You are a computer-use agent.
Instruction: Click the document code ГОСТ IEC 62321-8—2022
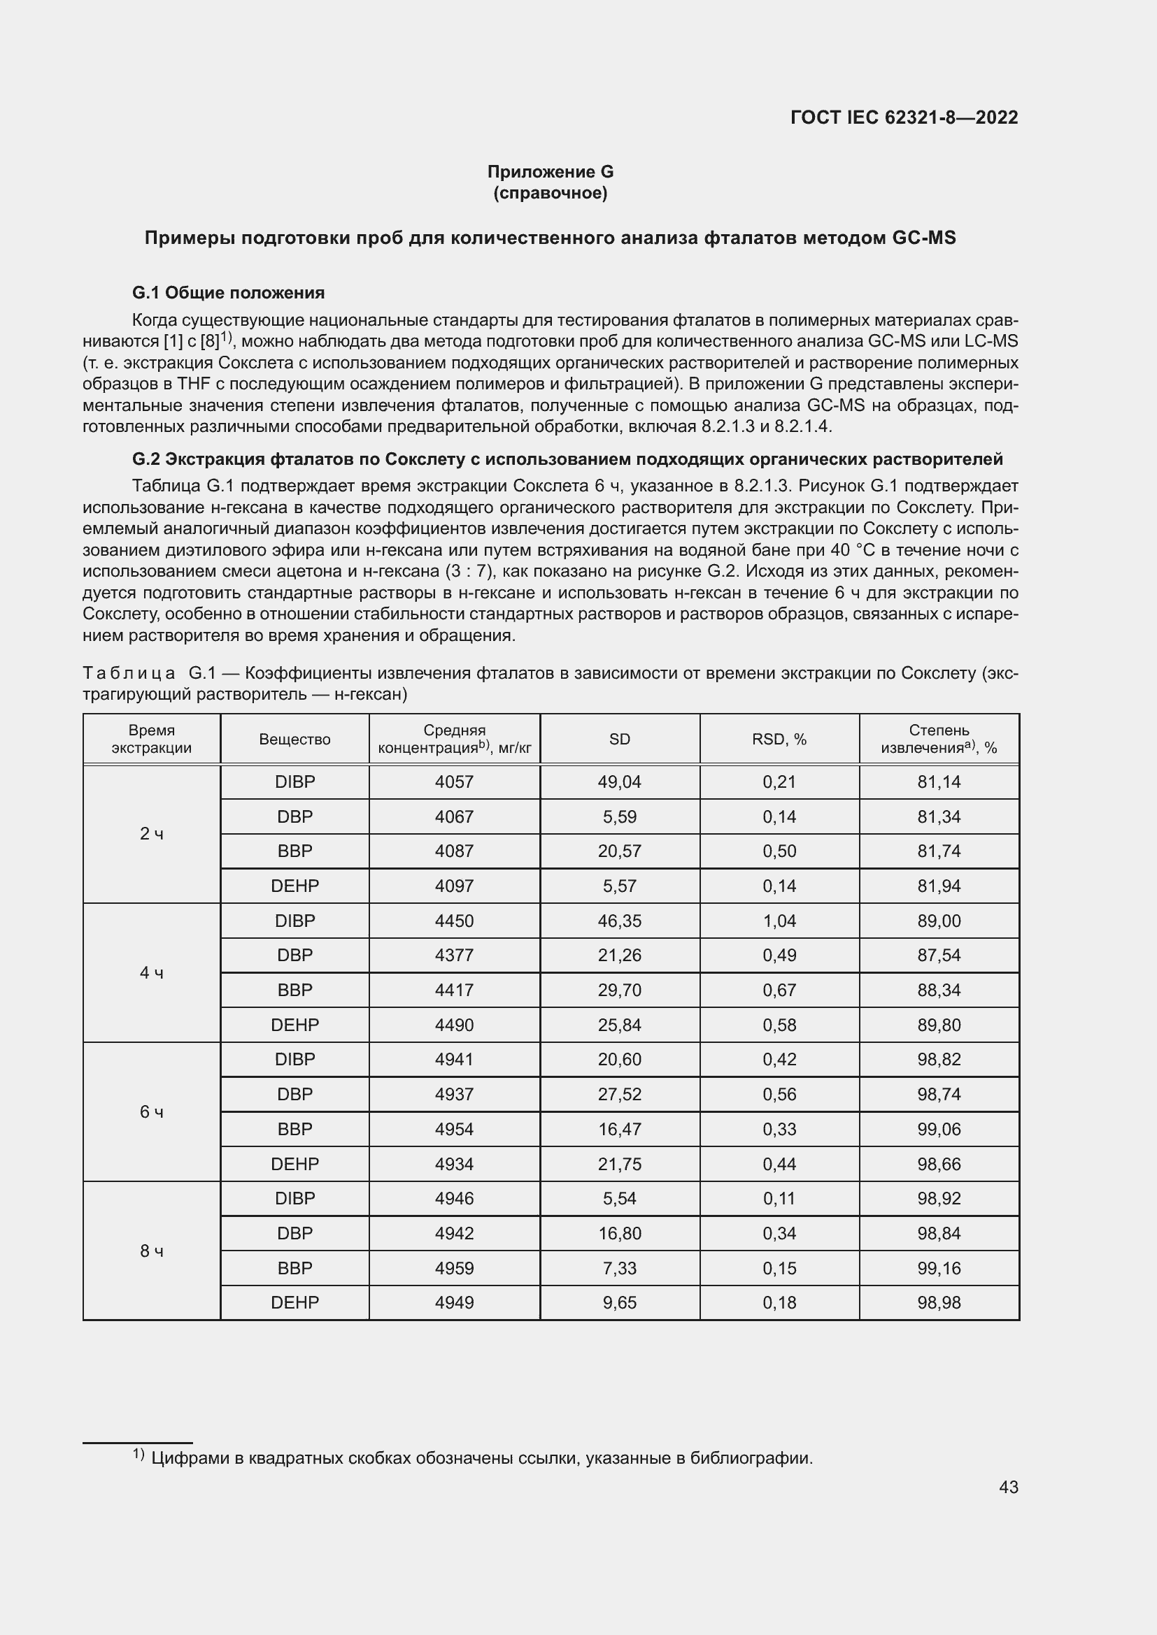point(903,117)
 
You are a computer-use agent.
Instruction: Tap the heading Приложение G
point(550,172)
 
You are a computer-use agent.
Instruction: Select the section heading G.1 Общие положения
point(228,293)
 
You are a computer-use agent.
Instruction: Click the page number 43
point(1008,1487)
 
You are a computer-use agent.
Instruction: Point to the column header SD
point(619,739)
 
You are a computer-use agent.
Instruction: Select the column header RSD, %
point(779,739)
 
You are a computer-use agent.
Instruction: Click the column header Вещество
point(294,739)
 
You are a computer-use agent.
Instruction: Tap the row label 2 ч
point(152,834)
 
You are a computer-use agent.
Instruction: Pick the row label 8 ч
point(152,1251)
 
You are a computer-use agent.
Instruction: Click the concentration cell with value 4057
point(454,782)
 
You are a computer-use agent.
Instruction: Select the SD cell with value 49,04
point(619,782)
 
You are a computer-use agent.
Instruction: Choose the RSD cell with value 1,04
point(779,921)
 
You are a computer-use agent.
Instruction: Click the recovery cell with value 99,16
point(938,1268)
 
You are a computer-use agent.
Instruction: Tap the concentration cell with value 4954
point(454,1130)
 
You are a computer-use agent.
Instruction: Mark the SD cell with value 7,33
point(619,1268)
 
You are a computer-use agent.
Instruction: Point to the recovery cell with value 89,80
point(938,1025)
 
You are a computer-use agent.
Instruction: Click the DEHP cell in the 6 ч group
point(294,1165)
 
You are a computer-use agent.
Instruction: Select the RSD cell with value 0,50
point(779,851)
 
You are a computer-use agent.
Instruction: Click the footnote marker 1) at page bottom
point(139,1455)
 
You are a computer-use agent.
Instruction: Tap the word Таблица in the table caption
point(129,673)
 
